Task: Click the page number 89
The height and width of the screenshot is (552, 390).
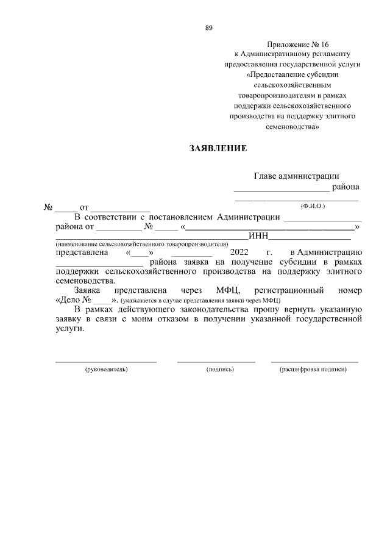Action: [208, 28]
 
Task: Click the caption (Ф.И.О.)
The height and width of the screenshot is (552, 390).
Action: [313, 206]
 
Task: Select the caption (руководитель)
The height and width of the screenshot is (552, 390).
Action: [106, 370]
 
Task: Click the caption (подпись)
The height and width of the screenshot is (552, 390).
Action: [221, 370]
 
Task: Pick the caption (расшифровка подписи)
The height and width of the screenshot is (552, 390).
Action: [313, 370]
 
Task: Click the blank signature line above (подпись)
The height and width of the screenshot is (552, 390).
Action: [216, 362]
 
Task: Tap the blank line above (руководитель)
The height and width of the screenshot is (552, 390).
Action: [106, 362]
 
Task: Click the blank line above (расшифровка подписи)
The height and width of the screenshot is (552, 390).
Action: [314, 362]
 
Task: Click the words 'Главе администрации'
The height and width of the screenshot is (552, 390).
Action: [297, 176]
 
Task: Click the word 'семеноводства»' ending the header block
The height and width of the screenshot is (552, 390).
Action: [292, 127]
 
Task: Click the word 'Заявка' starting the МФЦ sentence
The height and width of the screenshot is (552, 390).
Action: [88, 290]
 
